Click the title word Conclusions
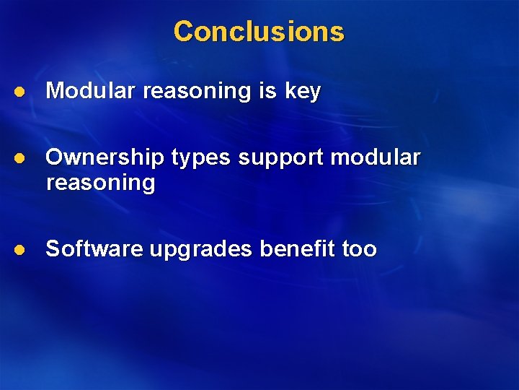(259, 32)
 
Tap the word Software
(94, 249)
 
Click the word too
(359, 249)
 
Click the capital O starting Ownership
(54, 157)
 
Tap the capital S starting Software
(53, 249)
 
